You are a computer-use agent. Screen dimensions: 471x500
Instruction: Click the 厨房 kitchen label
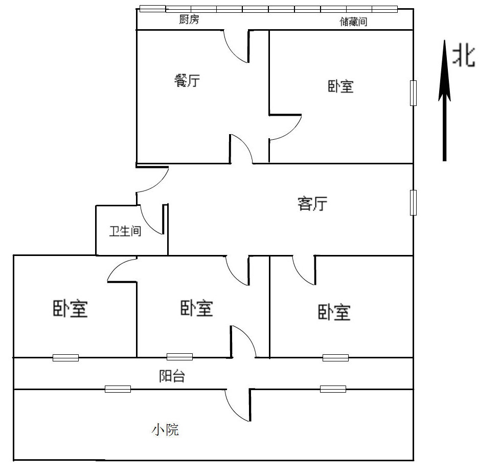(x=189, y=20)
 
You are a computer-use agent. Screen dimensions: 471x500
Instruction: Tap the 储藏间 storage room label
(x=353, y=22)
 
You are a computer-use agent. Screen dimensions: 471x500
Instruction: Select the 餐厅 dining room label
(x=187, y=80)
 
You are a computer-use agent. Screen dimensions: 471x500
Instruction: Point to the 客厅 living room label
(x=312, y=204)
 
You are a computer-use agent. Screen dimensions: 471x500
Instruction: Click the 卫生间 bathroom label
(x=125, y=231)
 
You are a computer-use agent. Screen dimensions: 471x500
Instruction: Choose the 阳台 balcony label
(x=172, y=377)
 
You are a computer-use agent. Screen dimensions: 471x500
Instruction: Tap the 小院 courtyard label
(x=165, y=430)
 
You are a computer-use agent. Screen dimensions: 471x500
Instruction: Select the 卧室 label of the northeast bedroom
(x=340, y=86)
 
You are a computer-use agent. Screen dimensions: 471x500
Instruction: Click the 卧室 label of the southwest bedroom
(x=70, y=309)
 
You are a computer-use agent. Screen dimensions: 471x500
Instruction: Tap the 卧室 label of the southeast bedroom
(x=334, y=312)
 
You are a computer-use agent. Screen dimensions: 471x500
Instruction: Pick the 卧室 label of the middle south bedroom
(x=197, y=308)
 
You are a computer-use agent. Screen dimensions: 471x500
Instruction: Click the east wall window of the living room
(x=413, y=202)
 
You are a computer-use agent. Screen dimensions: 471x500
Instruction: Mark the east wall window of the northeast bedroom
(x=413, y=93)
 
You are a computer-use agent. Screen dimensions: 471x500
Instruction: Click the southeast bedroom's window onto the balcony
(x=335, y=357)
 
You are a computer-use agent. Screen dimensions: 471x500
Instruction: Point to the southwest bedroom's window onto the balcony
(x=65, y=357)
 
